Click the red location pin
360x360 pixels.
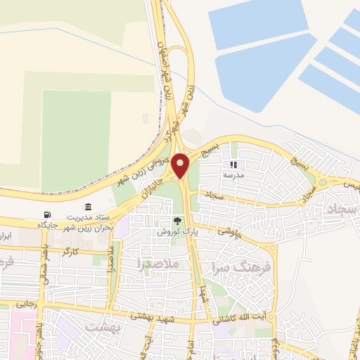181,165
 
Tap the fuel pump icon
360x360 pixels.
47,214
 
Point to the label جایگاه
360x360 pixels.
50,225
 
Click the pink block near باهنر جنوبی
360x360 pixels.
24,330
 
